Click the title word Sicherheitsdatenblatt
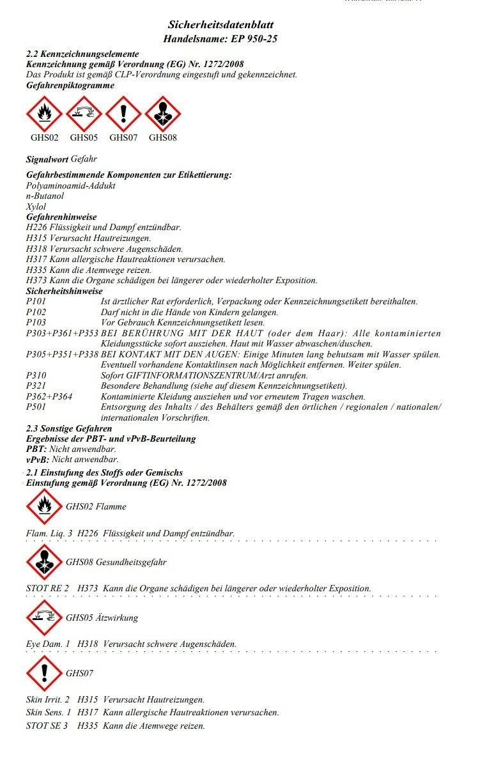(x=220, y=25)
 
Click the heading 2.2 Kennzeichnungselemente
(x=82, y=54)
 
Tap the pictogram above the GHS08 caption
(x=163, y=114)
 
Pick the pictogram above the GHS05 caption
(x=84, y=114)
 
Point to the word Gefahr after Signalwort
(x=84, y=159)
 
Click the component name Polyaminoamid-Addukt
(x=70, y=185)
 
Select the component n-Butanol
(x=45, y=196)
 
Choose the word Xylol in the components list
(x=36, y=206)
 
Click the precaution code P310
(x=36, y=375)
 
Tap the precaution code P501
(x=36, y=407)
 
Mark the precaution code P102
(x=36, y=312)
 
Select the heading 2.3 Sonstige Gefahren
(x=69, y=428)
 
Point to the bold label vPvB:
(x=37, y=459)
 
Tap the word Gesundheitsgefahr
(x=131, y=562)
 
